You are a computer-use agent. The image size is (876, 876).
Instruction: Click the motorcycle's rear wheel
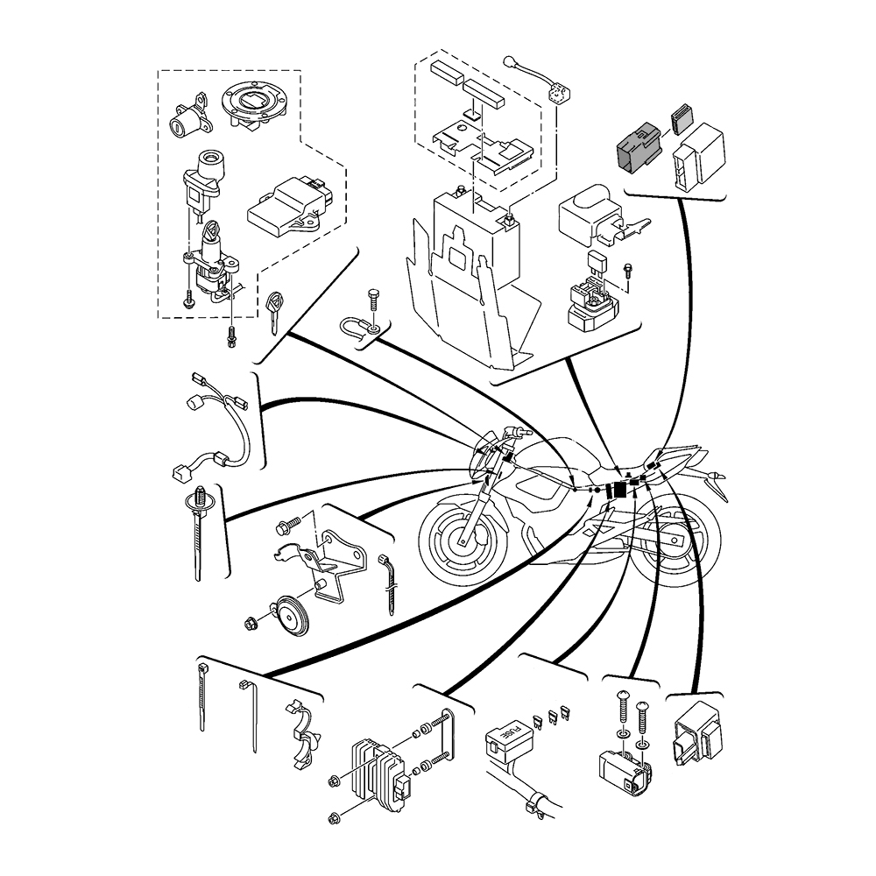click(680, 552)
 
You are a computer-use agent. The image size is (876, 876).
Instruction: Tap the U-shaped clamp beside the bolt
click(357, 329)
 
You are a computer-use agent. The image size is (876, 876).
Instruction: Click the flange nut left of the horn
click(252, 625)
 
